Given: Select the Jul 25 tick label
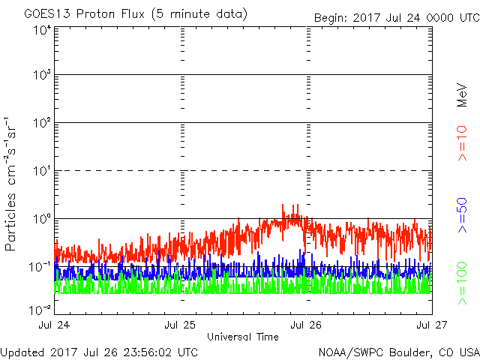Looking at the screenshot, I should (181, 325).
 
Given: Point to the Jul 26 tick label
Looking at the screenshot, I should (306, 325).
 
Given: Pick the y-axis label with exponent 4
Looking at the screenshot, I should (42, 30).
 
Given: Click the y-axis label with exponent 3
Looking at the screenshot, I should (42, 75).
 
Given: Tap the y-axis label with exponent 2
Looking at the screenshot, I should (42, 123).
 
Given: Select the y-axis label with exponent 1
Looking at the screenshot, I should (42, 171).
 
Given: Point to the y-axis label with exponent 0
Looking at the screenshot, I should (42, 219).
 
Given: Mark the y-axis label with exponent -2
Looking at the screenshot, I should (40, 310).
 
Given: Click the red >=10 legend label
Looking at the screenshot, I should (463, 143).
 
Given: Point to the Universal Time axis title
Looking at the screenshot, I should (243, 337).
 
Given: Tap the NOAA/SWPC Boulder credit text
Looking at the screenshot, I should (398, 352).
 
